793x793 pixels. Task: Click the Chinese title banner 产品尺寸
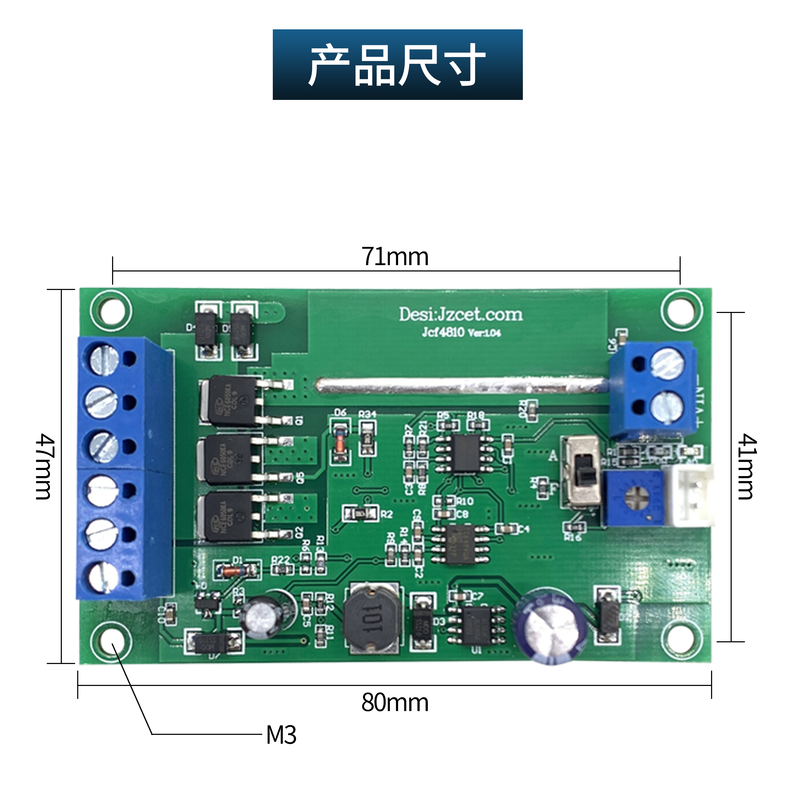pyautogui.click(x=397, y=64)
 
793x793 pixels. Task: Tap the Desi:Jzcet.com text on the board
pyautogui.click(x=460, y=315)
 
